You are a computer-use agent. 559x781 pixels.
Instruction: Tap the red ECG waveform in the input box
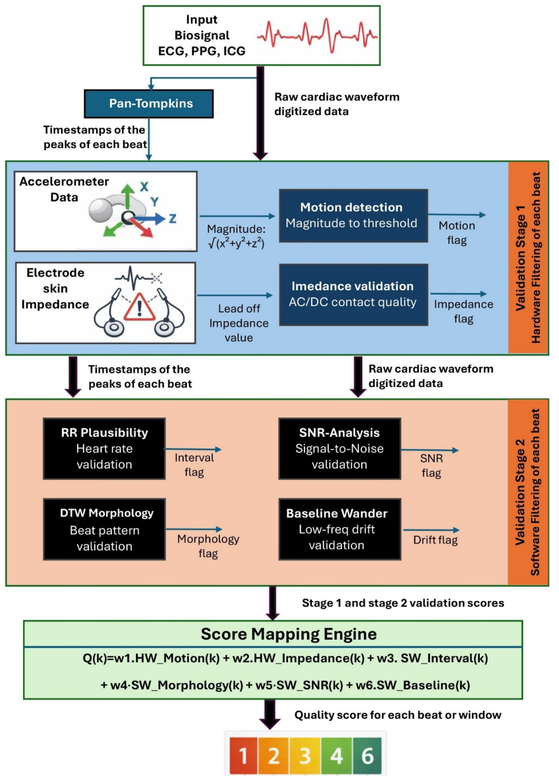point(317,36)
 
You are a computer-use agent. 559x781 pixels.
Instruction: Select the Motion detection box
point(353,216)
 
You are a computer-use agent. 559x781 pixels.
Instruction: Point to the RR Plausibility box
point(104,448)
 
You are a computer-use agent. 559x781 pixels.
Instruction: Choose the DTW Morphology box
point(104,529)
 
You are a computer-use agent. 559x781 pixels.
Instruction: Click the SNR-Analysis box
point(339,448)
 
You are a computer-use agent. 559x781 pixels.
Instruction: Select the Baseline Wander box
point(339,529)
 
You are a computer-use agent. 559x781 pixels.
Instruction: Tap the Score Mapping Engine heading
point(289,634)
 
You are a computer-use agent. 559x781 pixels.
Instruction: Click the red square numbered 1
point(243,756)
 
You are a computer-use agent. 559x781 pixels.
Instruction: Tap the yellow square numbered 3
point(305,756)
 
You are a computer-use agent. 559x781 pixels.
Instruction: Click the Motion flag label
point(457,233)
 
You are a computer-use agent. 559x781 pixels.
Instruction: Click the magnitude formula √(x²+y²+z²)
point(236,243)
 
